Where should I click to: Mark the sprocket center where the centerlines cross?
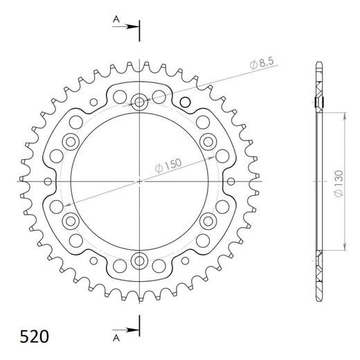[140, 181]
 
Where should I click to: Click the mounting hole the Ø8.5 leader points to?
[140, 102]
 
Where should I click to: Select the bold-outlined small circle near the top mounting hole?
[185, 103]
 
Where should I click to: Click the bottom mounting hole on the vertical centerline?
[140, 260]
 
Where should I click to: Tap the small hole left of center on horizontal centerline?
[48, 181]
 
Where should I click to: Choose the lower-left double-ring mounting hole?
[71, 221]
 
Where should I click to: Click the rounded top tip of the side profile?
[318, 64]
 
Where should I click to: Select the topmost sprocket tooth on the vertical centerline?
[140, 62]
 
